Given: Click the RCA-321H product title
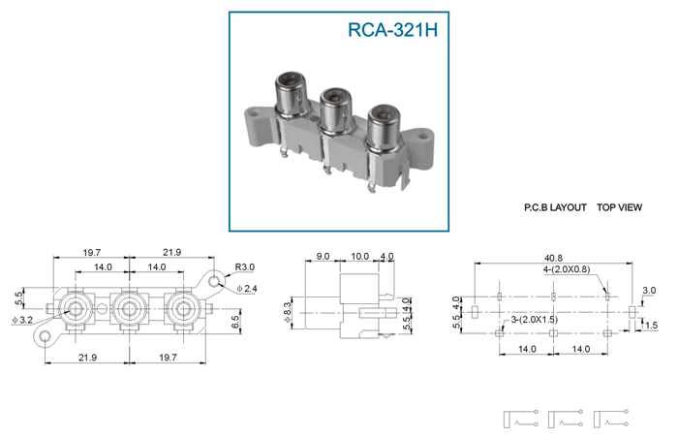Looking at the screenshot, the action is coord(392,30).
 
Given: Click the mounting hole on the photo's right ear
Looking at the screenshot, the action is coord(422,138).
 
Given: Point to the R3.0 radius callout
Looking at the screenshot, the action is coord(244,267).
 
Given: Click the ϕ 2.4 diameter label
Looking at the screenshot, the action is coord(246,288).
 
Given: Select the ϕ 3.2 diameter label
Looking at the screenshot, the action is coord(23,320).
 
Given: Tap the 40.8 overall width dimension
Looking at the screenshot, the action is coord(553,259).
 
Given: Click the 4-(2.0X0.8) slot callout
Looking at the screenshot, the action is coord(567,269).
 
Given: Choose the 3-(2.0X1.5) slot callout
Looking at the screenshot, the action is coord(534,320).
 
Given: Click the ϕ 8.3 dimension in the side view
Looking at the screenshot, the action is coord(288,313).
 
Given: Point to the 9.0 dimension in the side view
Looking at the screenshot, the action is coord(323,256).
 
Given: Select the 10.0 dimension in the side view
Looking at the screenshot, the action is coord(359,256).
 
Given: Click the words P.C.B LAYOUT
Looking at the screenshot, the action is coord(555,207).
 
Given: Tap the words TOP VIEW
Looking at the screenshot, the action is coord(619,207).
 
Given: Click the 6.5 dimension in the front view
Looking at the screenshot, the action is coord(234,322).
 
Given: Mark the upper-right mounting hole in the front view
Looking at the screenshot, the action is coord(214,282).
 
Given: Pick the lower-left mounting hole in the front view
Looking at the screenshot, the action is coord(45,337).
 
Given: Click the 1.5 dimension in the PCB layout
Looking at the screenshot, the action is coord(651,325).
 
